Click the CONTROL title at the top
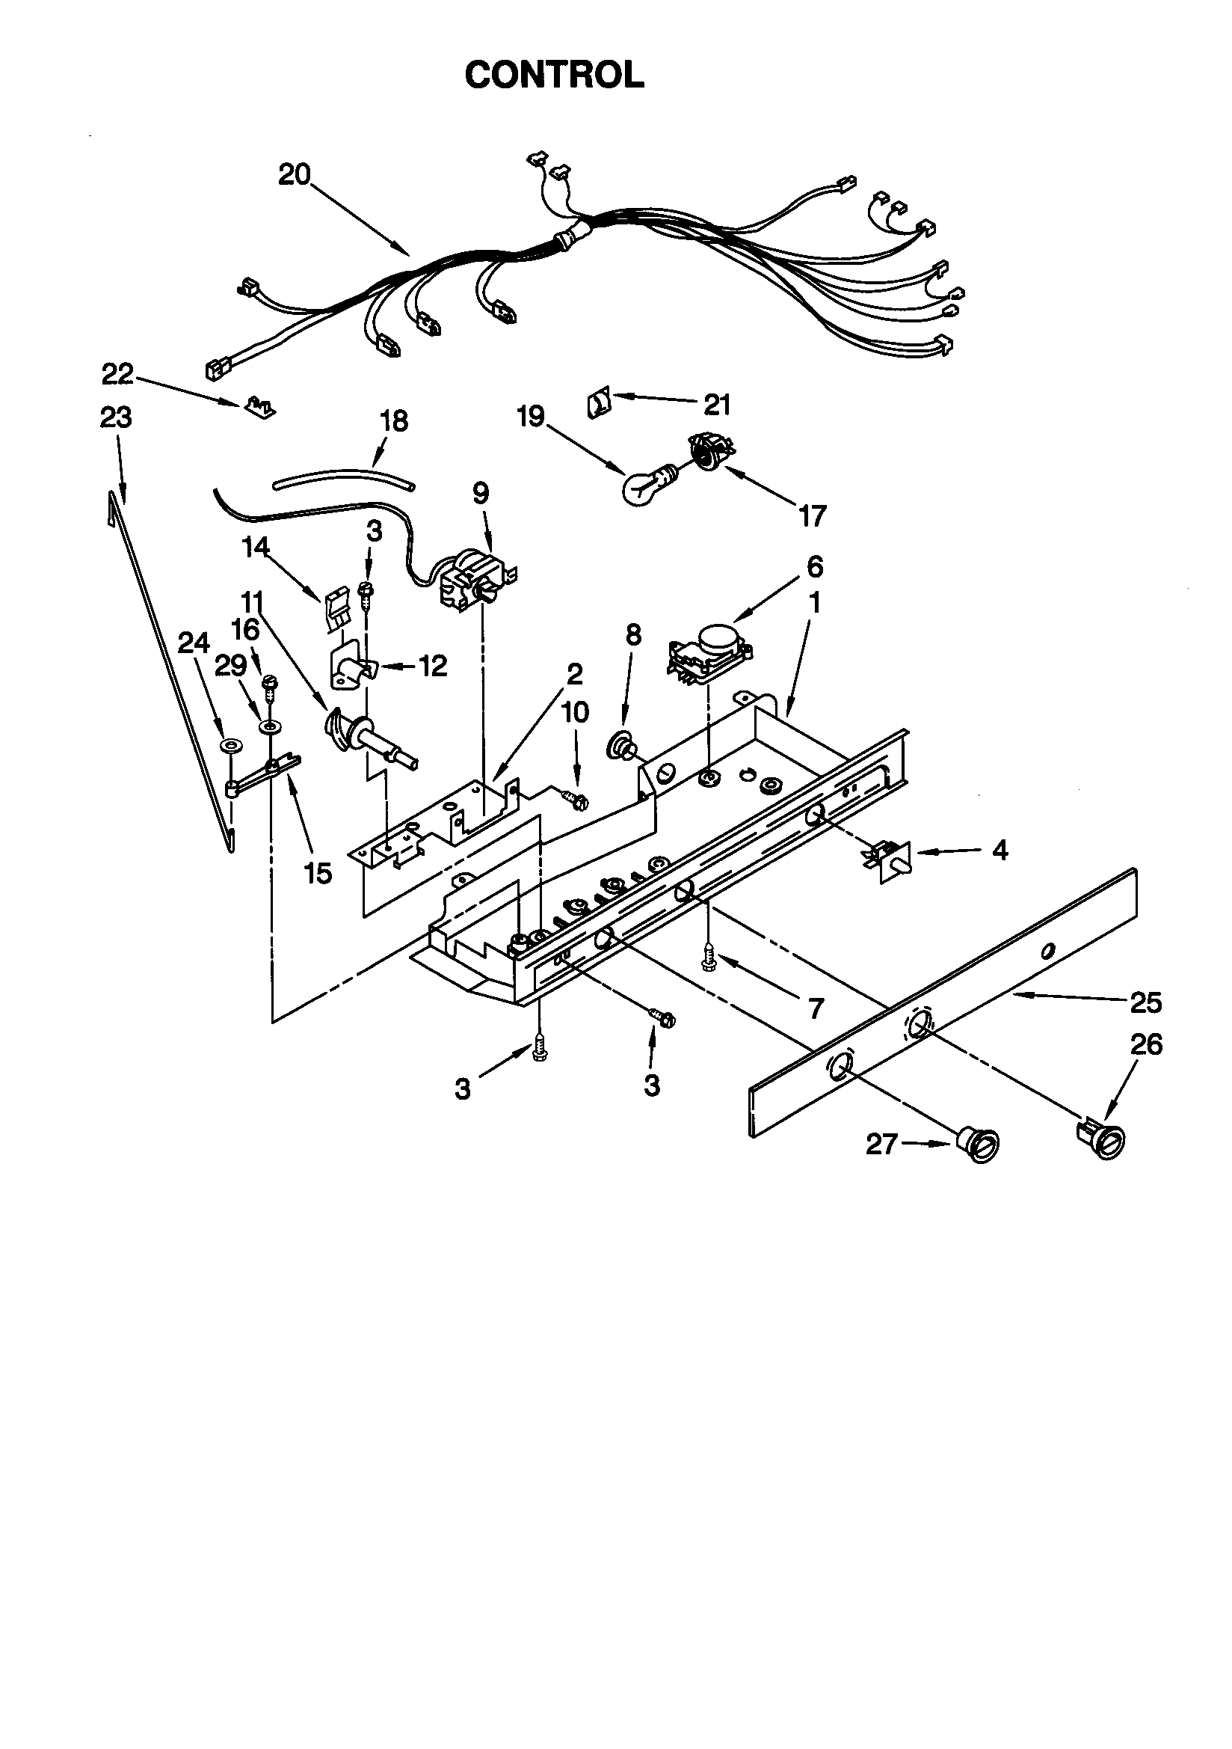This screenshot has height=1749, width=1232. pyautogui.click(x=554, y=75)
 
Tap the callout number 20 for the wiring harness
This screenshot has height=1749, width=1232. pyautogui.click(x=294, y=174)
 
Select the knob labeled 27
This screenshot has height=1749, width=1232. pyautogui.click(x=979, y=1143)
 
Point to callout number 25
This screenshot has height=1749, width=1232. pyautogui.click(x=1146, y=1002)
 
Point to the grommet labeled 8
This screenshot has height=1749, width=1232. pyautogui.click(x=620, y=745)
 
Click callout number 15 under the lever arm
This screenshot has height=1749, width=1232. pyautogui.click(x=318, y=872)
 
